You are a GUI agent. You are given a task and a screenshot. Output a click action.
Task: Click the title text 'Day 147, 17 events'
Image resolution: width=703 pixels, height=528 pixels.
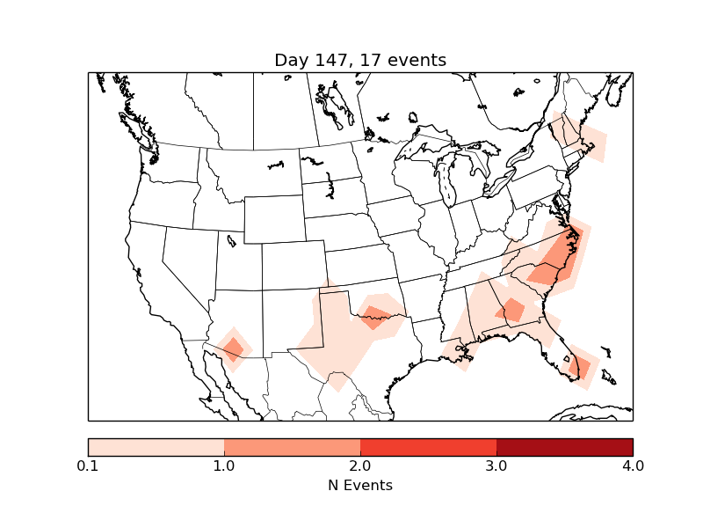click(x=360, y=60)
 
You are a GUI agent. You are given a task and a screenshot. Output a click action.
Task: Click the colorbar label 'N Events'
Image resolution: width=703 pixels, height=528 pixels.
click(x=360, y=485)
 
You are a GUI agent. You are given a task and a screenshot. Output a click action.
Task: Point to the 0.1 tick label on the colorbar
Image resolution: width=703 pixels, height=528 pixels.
click(x=88, y=466)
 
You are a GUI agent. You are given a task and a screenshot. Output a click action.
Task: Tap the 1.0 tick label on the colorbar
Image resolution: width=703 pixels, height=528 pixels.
click(x=224, y=466)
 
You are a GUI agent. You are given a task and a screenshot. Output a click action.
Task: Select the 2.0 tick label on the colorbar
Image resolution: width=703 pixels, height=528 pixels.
click(x=360, y=466)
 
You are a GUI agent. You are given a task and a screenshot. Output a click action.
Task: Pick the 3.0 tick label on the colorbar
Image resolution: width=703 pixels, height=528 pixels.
click(x=496, y=466)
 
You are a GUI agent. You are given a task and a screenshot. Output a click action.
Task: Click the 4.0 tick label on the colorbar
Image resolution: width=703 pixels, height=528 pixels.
click(x=633, y=466)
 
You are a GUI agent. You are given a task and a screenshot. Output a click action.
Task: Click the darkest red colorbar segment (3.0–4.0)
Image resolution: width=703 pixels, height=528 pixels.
click(x=564, y=446)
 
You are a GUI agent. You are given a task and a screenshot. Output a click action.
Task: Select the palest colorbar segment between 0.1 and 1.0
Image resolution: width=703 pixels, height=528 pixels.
click(x=156, y=446)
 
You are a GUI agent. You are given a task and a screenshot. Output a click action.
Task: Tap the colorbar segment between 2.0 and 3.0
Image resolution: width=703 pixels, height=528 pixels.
click(x=428, y=446)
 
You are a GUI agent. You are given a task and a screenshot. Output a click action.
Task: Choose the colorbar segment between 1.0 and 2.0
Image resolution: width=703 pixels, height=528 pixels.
click(x=292, y=446)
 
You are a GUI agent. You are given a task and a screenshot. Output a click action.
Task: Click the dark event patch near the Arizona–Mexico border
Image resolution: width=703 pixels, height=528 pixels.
click(x=233, y=349)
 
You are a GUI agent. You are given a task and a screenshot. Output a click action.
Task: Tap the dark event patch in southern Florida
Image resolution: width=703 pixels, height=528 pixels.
click(x=580, y=365)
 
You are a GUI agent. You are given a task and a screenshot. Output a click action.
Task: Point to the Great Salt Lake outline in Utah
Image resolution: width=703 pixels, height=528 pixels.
click(x=231, y=238)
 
